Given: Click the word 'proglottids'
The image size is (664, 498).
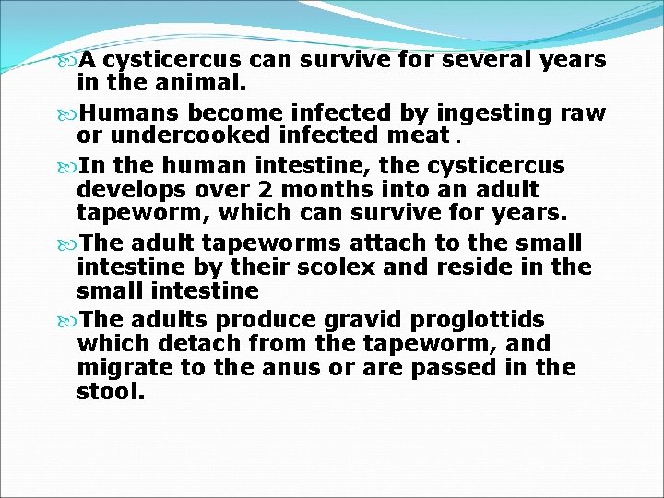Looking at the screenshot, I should pos(480,319).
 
